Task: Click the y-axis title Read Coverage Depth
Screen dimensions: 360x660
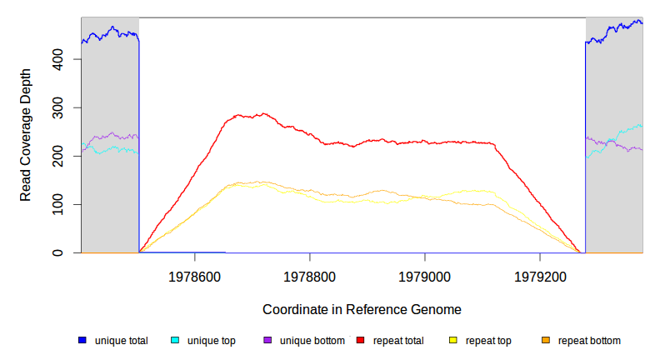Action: [x=26, y=135]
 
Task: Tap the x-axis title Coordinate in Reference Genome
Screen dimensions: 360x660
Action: [x=362, y=309]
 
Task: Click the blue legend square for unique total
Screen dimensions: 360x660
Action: [x=82, y=340]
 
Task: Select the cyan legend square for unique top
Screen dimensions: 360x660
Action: [x=175, y=340]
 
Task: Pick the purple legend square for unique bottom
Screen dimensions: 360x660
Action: [x=267, y=340]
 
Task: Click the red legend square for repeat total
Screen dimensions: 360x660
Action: [x=360, y=340]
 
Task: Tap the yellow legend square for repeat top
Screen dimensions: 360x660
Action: [x=452, y=340]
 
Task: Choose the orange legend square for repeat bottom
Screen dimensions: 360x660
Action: [x=545, y=340]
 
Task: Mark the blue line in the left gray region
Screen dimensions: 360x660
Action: [x=108, y=33]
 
